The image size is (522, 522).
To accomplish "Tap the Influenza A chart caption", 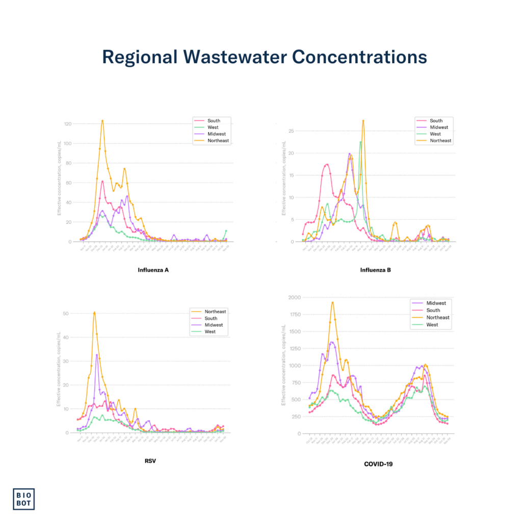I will point(153,270).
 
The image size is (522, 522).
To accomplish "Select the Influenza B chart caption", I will point(375,270).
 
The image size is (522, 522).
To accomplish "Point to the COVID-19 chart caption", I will point(378,464).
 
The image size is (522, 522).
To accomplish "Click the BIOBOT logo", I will point(23,499).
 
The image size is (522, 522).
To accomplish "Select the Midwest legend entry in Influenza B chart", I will point(438,127).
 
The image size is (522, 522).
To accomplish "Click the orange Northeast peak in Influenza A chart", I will point(102,121).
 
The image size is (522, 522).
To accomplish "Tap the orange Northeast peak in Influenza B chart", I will point(363,120).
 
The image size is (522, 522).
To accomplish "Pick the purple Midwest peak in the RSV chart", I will point(97,354).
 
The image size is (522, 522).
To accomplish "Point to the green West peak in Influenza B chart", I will point(360,142).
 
